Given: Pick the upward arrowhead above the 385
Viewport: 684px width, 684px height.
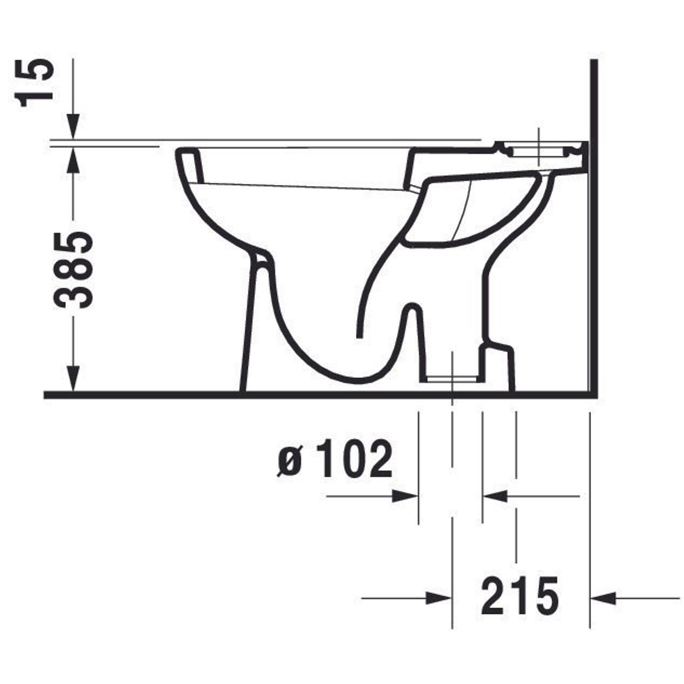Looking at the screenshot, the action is (73, 159).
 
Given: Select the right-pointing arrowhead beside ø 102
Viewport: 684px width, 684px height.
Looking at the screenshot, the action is (405, 496).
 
